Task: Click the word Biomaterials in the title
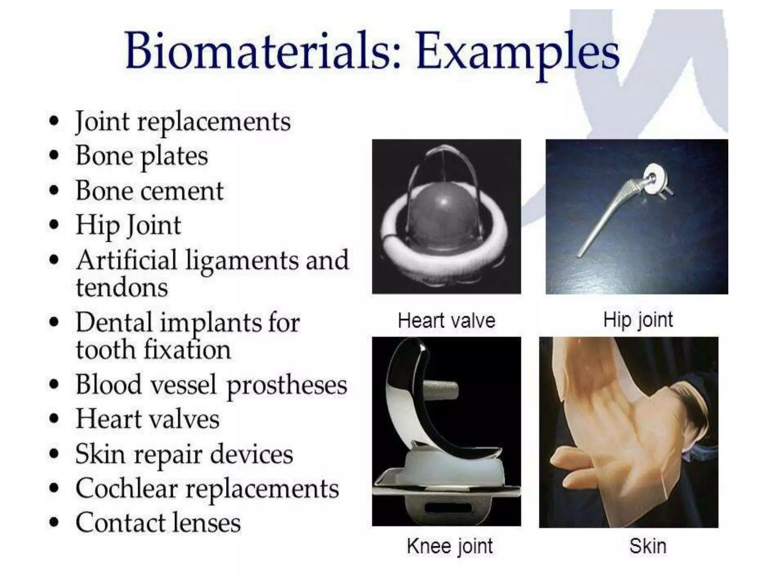tap(261, 51)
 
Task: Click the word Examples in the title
tap(517, 53)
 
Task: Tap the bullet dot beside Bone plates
tap(55, 155)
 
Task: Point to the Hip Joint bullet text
tap(128, 225)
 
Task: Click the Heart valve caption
tap(446, 321)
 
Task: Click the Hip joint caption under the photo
tap(638, 320)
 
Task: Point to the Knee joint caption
tap(449, 546)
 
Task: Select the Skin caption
tap(648, 546)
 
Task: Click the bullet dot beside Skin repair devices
tap(55, 454)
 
